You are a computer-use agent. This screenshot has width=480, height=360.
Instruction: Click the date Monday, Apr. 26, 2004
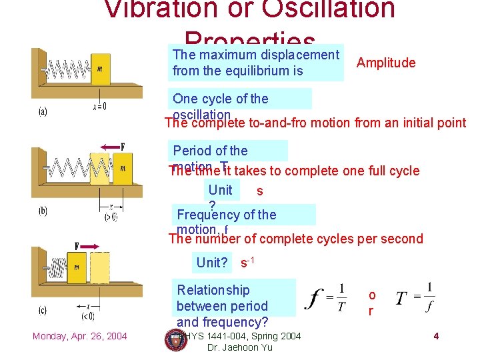tap(79, 335)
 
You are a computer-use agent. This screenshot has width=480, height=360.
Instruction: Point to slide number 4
tap(435, 336)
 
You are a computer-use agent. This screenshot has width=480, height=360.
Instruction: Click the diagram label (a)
tap(42, 111)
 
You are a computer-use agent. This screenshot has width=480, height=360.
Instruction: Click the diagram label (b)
tap(42, 211)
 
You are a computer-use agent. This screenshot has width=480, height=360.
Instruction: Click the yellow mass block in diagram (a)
tap(101, 69)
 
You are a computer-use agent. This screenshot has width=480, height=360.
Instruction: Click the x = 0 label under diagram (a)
tap(99, 106)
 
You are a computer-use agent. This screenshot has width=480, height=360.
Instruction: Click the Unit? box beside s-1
tap(211, 263)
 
